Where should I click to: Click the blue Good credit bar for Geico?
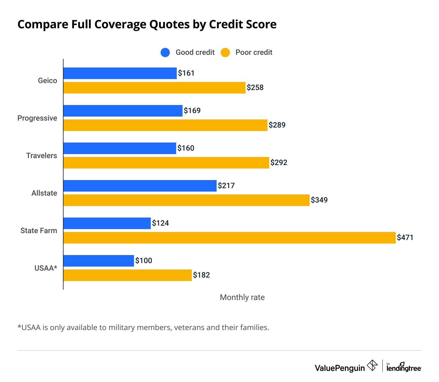[x=120, y=73]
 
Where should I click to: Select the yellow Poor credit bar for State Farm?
[x=229, y=238]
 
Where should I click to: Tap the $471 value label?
[x=405, y=237]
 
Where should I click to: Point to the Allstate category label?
[x=44, y=193]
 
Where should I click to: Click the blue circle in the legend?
[x=165, y=53]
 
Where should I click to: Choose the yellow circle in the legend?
[x=225, y=53]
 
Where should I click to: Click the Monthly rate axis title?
[x=242, y=297]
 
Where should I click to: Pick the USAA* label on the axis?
[x=46, y=268]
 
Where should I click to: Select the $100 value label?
[x=144, y=261]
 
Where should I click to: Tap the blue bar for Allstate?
[x=140, y=186]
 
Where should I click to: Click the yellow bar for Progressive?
[x=165, y=125]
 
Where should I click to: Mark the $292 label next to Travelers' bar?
[x=279, y=162]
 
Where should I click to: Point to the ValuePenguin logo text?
[x=340, y=368]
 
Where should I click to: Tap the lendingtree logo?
[x=404, y=367]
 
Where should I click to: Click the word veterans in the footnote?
[x=189, y=327]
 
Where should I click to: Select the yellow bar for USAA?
[x=127, y=275]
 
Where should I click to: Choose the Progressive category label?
[x=37, y=118]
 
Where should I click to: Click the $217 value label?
[x=226, y=186]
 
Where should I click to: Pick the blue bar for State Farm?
[x=107, y=223]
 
